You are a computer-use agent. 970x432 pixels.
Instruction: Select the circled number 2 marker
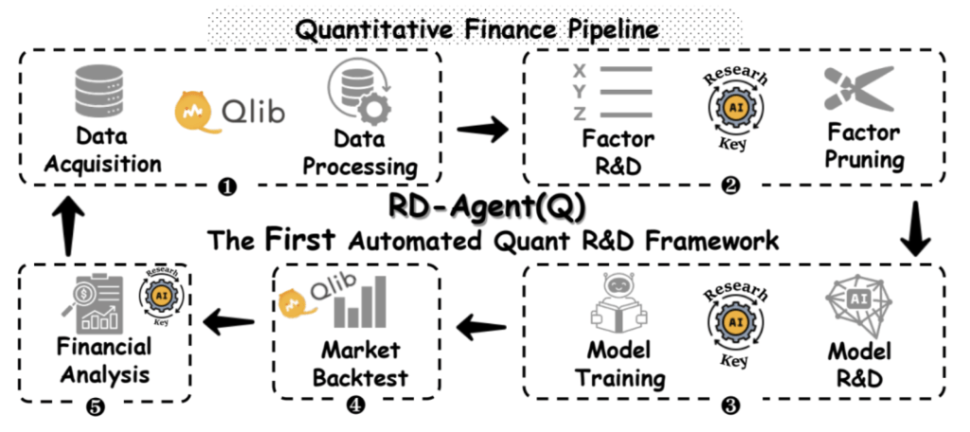[728, 187]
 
